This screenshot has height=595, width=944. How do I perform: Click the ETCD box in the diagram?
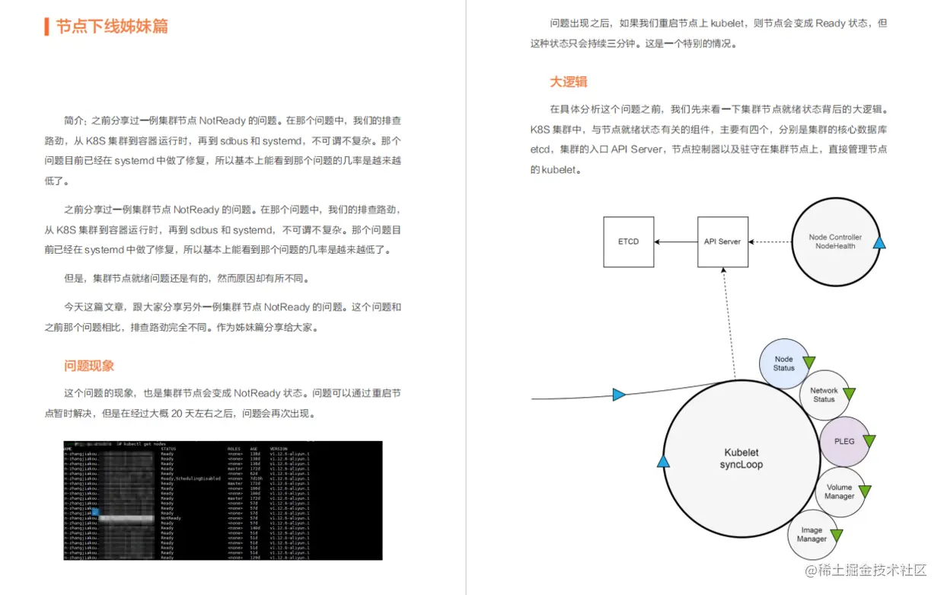[x=628, y=242]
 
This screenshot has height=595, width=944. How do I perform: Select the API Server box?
[x=722, y=242]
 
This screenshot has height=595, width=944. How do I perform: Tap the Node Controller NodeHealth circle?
[x=834, y=242]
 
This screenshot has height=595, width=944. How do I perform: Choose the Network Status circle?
[x=824, y=395]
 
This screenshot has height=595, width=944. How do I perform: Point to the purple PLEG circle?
[x=844, y=441]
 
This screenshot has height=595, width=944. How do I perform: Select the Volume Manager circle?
[x=839, y=491]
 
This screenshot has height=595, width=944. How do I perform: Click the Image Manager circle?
[x=812, y=534]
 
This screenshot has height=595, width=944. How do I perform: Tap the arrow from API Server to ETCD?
[x=676, y=242]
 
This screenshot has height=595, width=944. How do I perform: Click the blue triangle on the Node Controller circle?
[x=879, y=243]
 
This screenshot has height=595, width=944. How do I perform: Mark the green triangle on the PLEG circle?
[x=869, y=441]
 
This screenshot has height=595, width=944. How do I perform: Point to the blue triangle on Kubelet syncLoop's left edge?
[x=663, y=462]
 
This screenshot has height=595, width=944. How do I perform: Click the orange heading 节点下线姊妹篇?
[x=111, y=27]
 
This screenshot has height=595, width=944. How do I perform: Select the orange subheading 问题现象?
[x=89, y=366]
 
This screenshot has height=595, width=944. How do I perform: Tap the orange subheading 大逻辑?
[x=569, y=82]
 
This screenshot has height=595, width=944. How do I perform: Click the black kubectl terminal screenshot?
[x=222, y=501]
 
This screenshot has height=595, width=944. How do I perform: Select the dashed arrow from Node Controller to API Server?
[x=769, y=242]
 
